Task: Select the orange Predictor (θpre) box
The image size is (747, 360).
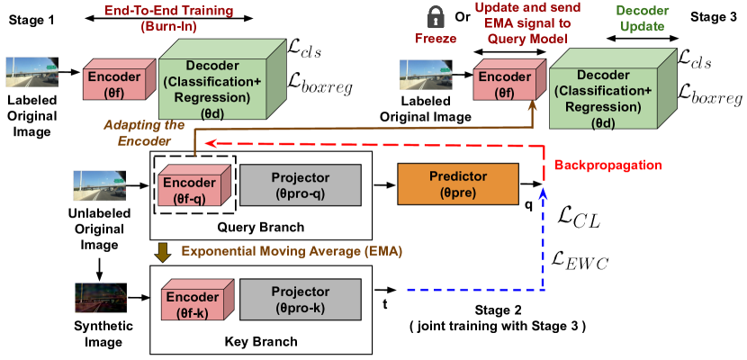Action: [458, 184]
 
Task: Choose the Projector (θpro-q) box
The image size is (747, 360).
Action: [300, 184]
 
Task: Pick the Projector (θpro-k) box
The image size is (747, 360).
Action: [300, 299]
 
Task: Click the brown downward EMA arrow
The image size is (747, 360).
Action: [163, 253]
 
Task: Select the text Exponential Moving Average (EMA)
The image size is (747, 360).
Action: [292, 252]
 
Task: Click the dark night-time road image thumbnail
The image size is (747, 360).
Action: [101, 297]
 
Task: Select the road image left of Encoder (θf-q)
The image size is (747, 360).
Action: [99, 186]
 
